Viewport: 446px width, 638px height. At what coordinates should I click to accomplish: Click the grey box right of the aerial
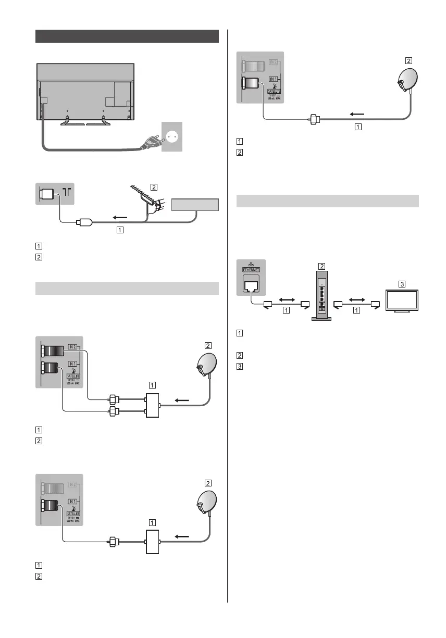(x=194, y=205)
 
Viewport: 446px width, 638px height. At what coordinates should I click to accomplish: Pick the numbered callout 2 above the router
(x=322, y=266)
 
